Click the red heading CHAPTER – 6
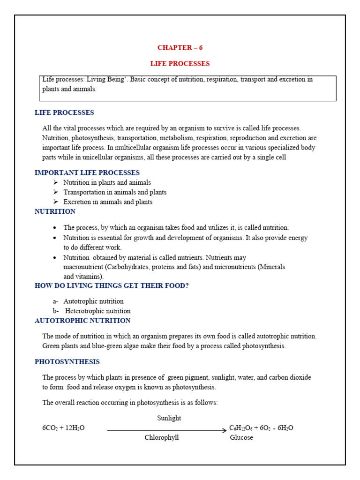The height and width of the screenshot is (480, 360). [x=180, y=48]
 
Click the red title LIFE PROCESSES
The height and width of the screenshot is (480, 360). [x=180, y=64]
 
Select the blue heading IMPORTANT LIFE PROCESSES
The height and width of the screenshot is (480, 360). [x=87, y=173]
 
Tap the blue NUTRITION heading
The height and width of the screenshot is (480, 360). [x=55, y=212]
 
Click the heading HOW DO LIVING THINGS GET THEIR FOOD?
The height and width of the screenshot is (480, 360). [x=112, y=286]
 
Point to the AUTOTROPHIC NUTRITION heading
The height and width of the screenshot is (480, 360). [x=82, y=321]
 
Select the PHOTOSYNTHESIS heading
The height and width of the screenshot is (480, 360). [x=67, y=362]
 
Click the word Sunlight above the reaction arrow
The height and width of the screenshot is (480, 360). [x=169, y=418]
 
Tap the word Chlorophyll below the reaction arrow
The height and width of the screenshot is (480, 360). [x=162, y=438]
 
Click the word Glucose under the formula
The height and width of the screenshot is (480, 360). [x=241, y=438]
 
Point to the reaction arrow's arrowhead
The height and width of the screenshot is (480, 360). [x=224, y=430]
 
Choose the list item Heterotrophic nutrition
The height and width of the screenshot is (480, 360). [x=97, y=311]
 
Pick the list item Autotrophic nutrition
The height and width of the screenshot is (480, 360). [x=94, y=301]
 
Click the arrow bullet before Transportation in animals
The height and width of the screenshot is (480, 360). [x=55, y=192]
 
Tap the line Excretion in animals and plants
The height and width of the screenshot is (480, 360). [x=108, y=202]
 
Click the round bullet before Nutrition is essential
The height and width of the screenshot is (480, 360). [x=55, y=238]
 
